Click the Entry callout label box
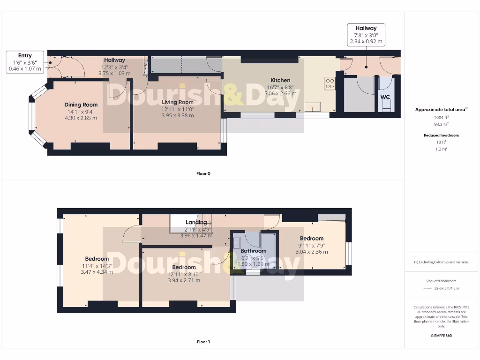click(25, 62)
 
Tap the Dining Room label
click(81, 105)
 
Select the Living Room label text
click(178, 102)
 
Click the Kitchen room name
click(280, 80)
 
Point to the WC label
click(385, 97)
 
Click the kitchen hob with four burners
click(330, 83)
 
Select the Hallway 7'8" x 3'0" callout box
click(366, 35)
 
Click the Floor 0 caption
click(203, 173)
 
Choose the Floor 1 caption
click(203, 342)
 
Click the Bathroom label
click(253, 251)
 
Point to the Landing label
click(196, 222)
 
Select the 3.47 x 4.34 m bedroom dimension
click(97, 272)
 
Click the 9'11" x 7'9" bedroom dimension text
click(312, 245)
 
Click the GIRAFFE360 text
click(442, 336)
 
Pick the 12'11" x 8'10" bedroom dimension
click(184, 274)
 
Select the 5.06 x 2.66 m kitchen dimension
click(280, 93)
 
